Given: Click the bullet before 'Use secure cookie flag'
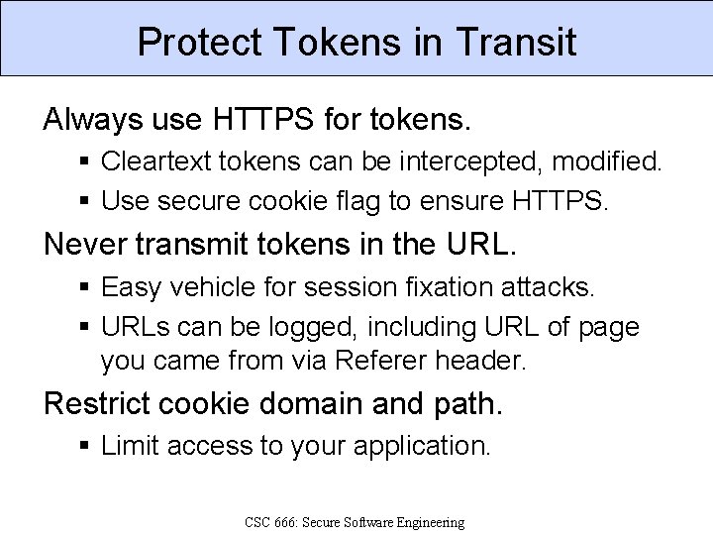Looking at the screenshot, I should [x=87, y=202].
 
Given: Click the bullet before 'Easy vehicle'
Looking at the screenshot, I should [x=87, y=288].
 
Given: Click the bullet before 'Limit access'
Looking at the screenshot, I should [x=87, y=447].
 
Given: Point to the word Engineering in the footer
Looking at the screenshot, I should [x=427, y=522].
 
